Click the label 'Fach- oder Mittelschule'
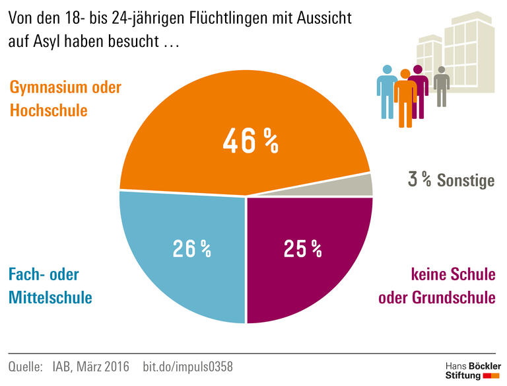click(50, 286)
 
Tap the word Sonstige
click(465, 180)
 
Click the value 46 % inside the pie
click(250, 141)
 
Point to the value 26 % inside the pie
click(191, 249)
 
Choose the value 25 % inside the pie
click(302, 249)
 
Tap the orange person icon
click(405, 99)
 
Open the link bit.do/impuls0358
click(187, 366)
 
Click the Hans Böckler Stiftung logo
click(473, 370)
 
